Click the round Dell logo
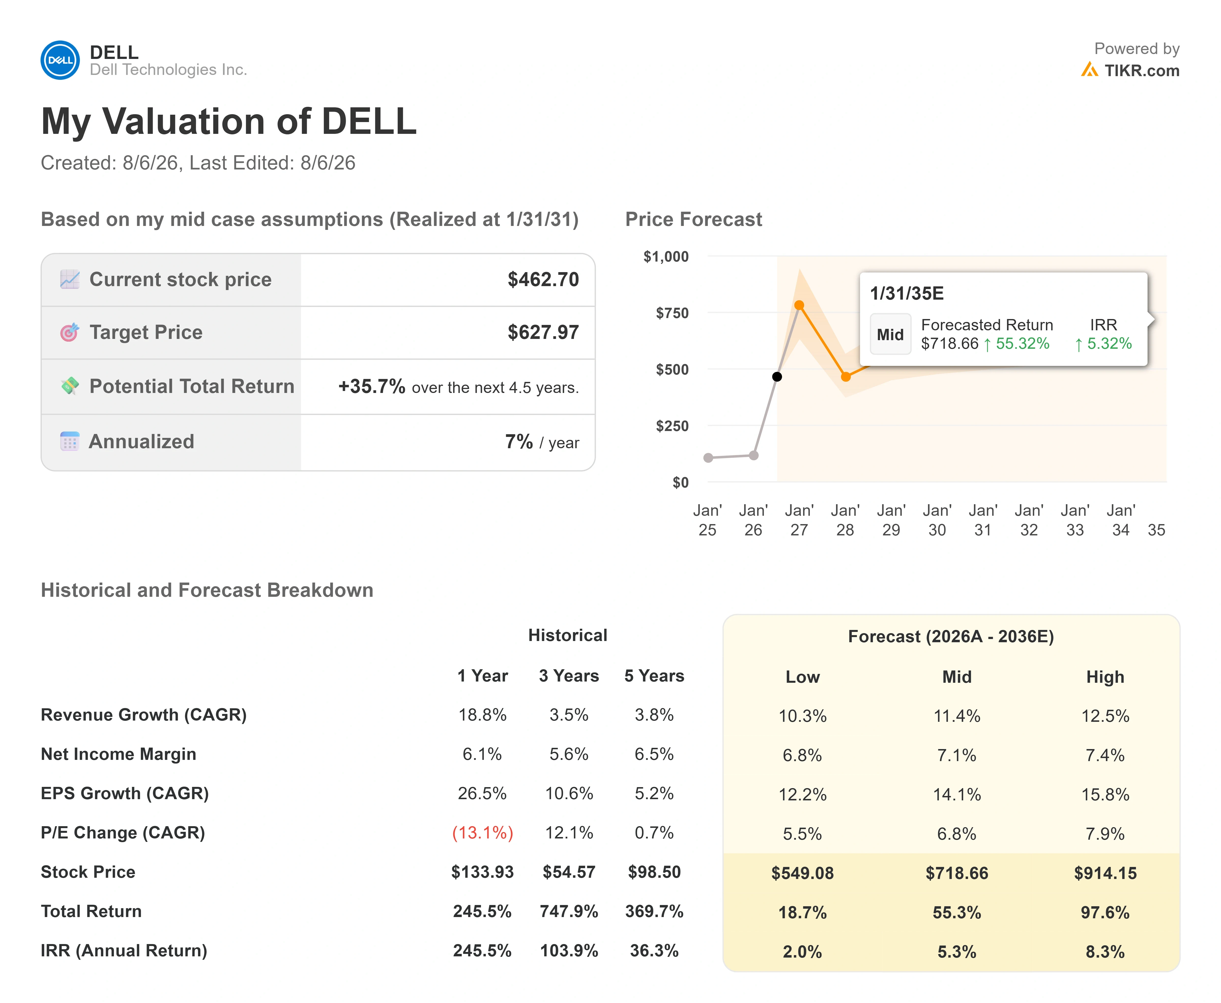tap(60, 60)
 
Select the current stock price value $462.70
tap(543, 280)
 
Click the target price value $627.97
tap(543, 332)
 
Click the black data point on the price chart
tap(777, 377)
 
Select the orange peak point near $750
tap(799, 305)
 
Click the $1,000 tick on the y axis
tap(666, 257)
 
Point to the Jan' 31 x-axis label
tap(983, 520)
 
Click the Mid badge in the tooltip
tap(890, 334)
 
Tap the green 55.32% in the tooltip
tap(1022, 343)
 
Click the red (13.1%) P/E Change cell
tap(482, 833)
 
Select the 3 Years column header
tap(569, 676)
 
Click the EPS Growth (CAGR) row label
tap(125, 793)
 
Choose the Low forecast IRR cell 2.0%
tap(802, 952)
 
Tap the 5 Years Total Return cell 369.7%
tap(654, 911)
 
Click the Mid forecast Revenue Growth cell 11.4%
tap(957, 716)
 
